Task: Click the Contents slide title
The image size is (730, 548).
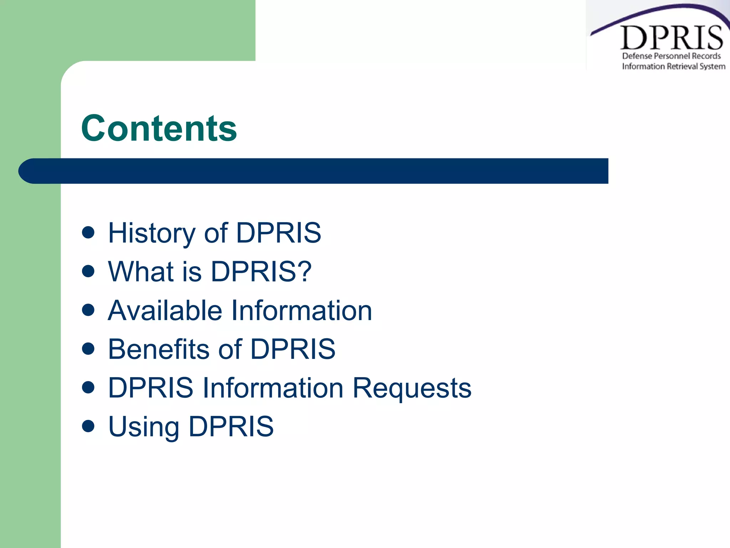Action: pyautogui.click(x=159, y=128)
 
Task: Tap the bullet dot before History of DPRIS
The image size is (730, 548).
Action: pyautogui.click(x=88, y=232)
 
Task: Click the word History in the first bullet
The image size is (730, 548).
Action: pyautogui.click(x=151, y=233)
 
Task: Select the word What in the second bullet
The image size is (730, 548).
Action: pyautogui.click(x=140, y=272)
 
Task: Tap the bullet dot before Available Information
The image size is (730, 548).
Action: pyautogui.click(x=88, y=310)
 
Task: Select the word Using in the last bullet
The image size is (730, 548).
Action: pyautogui.click(x=143, y=427)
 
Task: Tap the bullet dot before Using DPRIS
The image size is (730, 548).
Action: pyautogui.click(x=88, y=426)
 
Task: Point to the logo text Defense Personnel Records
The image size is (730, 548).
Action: pyautogui.click(x=671, y=56)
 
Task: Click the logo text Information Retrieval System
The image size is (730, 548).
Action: pyautogui.click(x=673, y=66)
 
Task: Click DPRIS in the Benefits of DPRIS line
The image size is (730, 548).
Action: pyautogui.click(x=293, y=349)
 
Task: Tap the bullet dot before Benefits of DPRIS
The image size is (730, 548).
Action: pyautogui.click(x=88, y=348)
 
